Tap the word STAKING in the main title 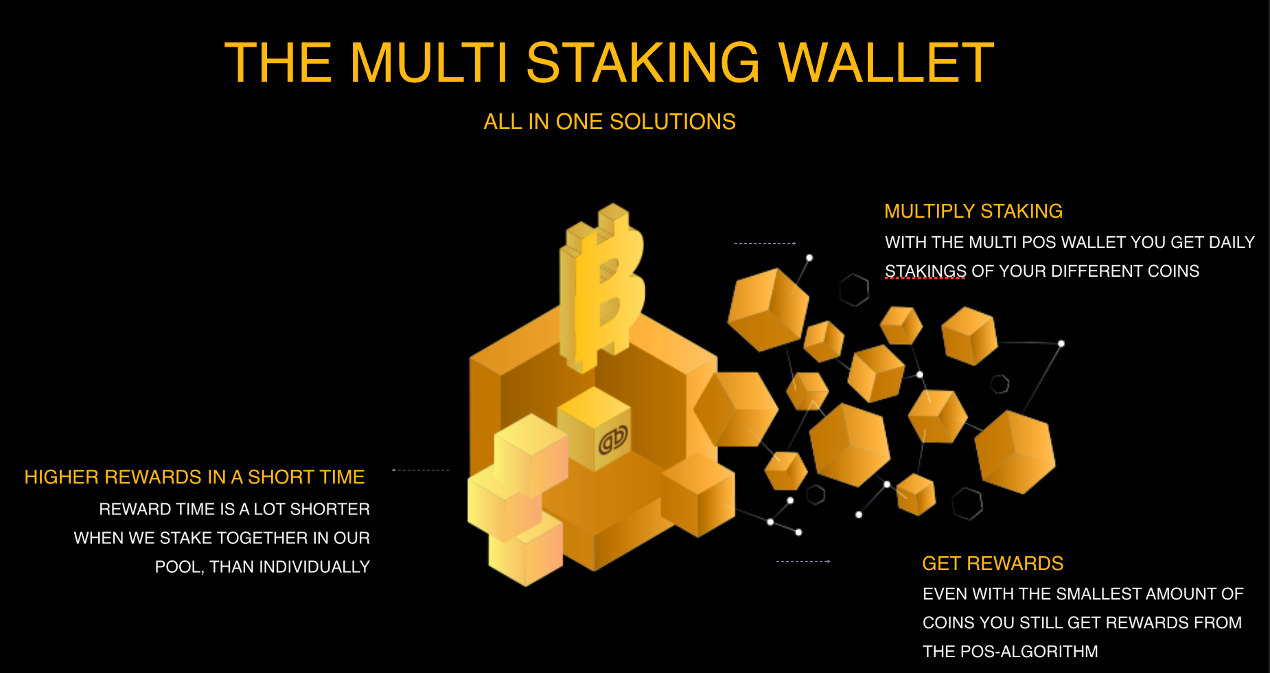(x=643, y=62)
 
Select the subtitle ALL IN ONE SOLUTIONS (x=610, y=122)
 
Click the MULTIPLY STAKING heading (x=973, y=211)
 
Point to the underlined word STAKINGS (x=925, y=271)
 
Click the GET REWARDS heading (x=992, y=563)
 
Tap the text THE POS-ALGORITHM (x=1010, y=651)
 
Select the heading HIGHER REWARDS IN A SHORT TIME (x=194, y=477)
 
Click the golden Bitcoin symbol (x=602, y=288)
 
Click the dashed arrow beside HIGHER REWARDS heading (x=420, y=470)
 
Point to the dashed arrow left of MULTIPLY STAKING (x=765, y=243)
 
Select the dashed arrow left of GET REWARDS (x=803, y=561)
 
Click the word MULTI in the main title (x=428, y=62)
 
